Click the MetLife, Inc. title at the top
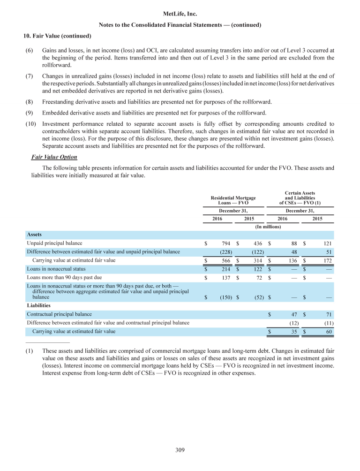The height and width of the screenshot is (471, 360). tap(180, 15)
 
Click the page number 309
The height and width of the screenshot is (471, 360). tap(180, 450)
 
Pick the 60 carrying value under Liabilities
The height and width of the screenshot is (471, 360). tap(329, 331)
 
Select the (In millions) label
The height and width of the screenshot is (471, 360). tap(268, 227)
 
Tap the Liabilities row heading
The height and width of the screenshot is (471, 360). tap(39, 305)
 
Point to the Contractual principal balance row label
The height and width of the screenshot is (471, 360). tap(59, 314)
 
